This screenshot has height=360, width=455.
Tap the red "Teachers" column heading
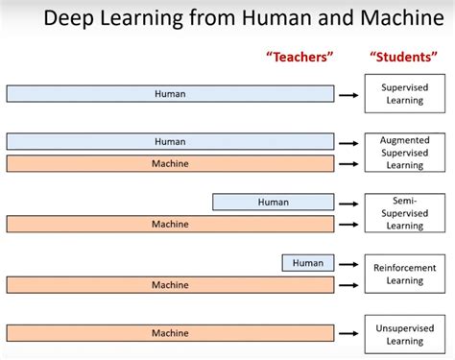[299, 57]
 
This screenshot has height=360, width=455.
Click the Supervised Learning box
[404, 93]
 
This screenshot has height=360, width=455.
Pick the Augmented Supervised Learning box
[404, 153]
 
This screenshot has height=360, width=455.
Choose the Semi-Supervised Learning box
[404, 213]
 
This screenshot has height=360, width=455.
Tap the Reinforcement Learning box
[404, 274]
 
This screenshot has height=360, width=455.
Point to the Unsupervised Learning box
[404, 333]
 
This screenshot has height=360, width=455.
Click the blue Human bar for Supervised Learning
[170, 93]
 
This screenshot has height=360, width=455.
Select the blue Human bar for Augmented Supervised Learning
[170, 141]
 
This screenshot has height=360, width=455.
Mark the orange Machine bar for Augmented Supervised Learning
[170, 163]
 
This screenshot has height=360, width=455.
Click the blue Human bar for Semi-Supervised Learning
[273, 202]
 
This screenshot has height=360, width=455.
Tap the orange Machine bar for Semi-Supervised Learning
[170, 224]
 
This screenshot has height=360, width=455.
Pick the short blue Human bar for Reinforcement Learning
[308, 262]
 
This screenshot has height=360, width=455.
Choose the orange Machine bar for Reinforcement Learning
[170, 284]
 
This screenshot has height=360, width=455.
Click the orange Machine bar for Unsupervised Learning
[170, 332]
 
